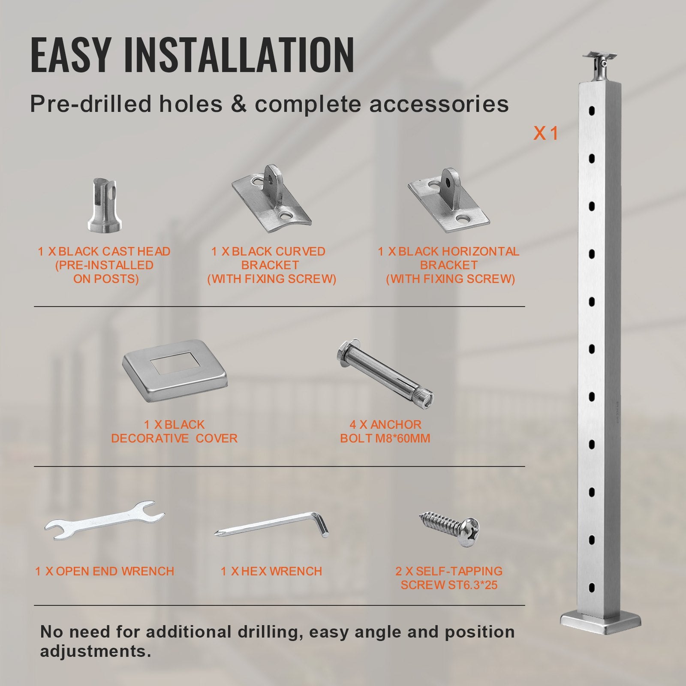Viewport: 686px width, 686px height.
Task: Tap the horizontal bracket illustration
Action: point(448,201)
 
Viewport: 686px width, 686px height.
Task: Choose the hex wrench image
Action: point(272,525)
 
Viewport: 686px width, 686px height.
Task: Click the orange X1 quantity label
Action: point(545,134)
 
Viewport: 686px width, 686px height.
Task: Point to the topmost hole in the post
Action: point(592,111)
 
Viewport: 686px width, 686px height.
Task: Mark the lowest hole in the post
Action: point(592,587)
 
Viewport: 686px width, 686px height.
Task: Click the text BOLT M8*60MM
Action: point(385,439)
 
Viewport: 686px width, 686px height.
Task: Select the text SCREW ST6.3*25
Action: point(449,585)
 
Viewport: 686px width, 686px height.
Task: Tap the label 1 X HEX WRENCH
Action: point(271,571)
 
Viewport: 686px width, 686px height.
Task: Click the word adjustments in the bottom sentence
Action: point(95,651)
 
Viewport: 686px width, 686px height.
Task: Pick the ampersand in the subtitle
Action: point(238,104)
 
